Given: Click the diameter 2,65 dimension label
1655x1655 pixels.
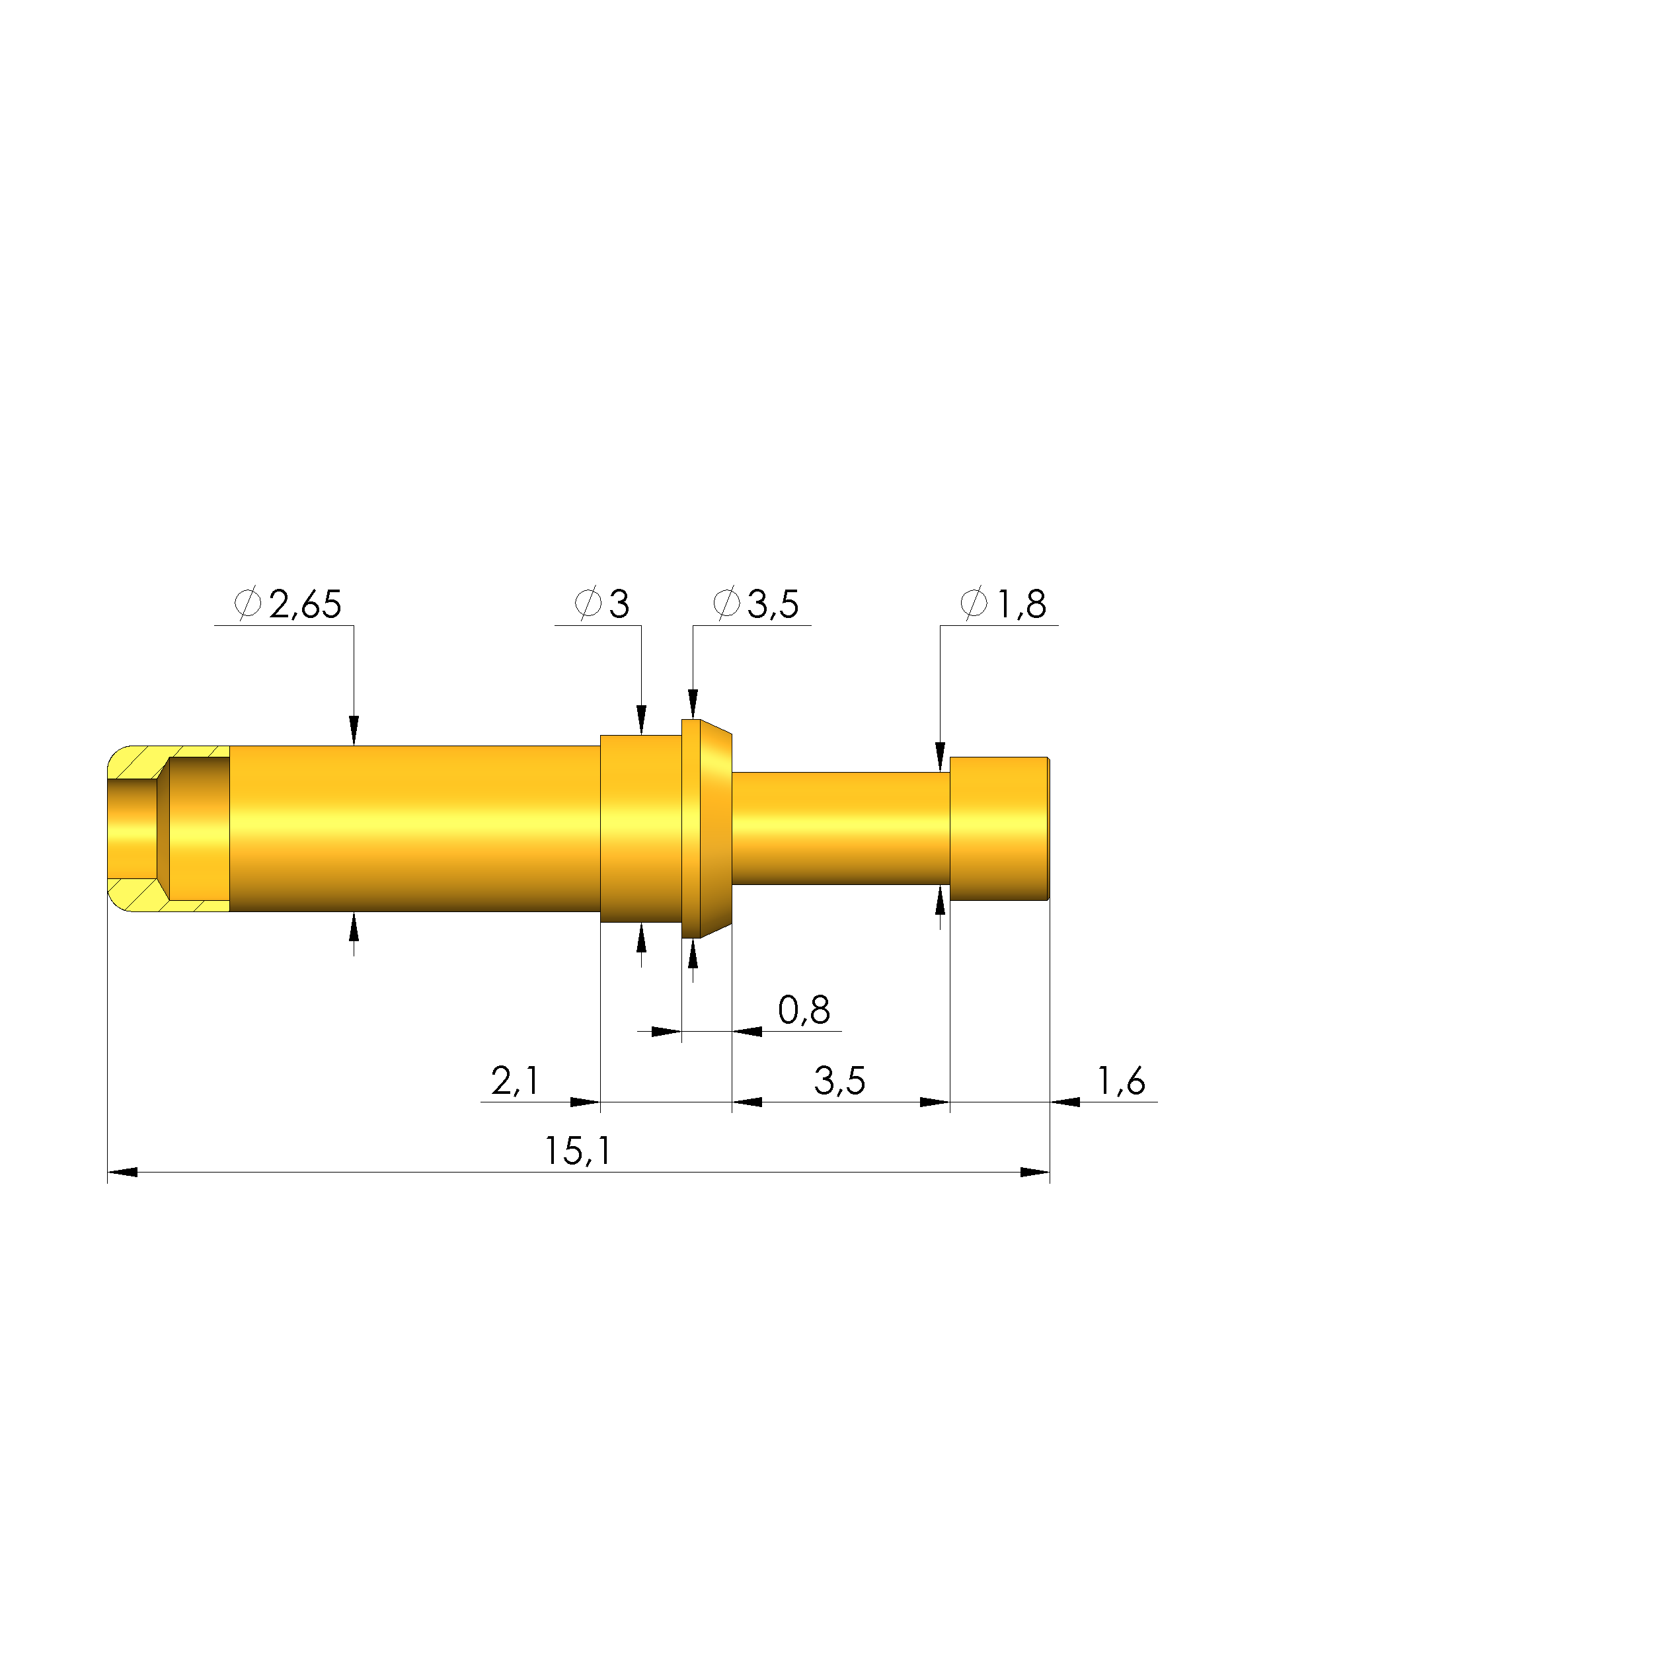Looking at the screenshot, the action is (x=288, y=605).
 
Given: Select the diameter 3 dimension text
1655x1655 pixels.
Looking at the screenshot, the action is (x=602, y=605).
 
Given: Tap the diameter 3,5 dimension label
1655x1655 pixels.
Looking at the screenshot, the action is (x=755, y=605).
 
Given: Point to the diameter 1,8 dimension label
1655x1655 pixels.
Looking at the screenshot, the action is (x=1003, y=605).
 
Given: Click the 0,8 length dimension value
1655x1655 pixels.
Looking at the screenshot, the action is (x=804, y=1011).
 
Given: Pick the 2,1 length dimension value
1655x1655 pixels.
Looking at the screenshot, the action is (x=515, y=1081).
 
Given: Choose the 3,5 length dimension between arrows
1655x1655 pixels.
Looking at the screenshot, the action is (x=839, y=1081).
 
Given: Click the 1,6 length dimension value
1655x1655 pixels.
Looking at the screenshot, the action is (x=1122, y=1081).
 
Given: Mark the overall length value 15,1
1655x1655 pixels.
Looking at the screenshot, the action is (x=578, y=1151).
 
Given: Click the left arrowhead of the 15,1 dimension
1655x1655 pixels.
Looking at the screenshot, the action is (x=122, y=1173).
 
